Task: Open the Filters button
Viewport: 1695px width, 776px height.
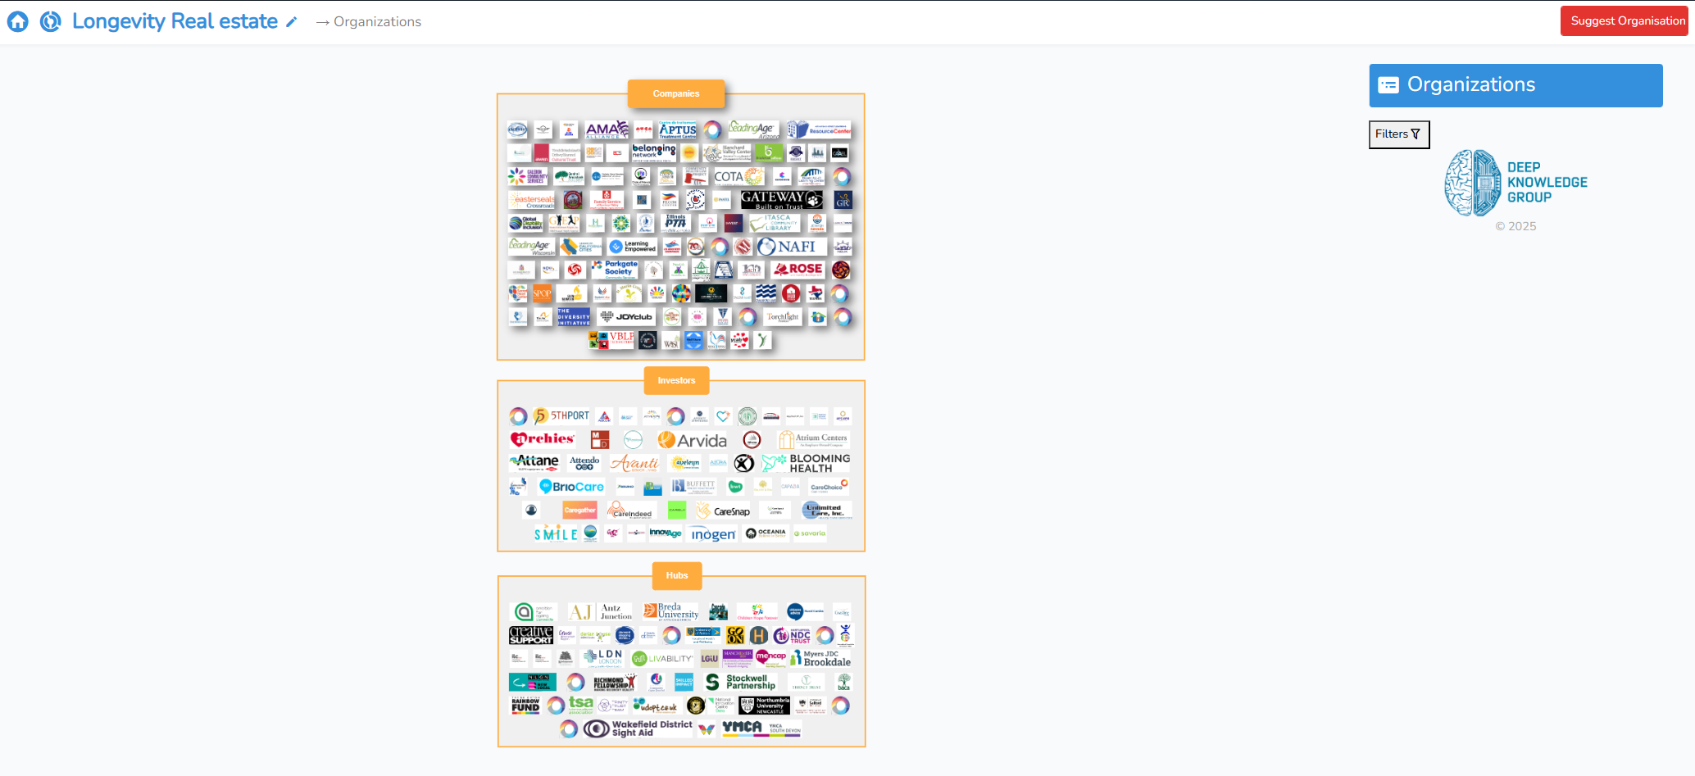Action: click(1398, 134)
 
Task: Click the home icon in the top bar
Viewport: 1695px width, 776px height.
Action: click(18, 22)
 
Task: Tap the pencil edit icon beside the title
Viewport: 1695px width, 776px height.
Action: click(291, 22)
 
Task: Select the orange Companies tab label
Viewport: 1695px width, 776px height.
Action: click(675, 94)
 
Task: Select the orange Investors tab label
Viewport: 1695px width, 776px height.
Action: click(675, 380)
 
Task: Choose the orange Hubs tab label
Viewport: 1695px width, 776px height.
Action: click(676, 575)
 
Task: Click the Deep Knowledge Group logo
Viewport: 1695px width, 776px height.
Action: click(1516, 183)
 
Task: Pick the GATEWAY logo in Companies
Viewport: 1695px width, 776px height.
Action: click(781, 199)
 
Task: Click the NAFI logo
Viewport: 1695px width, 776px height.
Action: click(788, 247)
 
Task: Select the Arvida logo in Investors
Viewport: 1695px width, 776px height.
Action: click(693, 441)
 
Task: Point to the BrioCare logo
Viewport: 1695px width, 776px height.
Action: click(571, 487)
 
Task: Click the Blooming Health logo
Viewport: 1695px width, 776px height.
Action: click(807, 464)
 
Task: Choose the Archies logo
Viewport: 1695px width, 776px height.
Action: click(542, 439)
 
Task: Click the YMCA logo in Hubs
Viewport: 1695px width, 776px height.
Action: click(742, 728)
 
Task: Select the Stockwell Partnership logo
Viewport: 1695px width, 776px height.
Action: click(740, 682)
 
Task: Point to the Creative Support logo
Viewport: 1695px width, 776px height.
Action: click(530, 635)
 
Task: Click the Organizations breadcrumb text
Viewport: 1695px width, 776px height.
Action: click(377, 22)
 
